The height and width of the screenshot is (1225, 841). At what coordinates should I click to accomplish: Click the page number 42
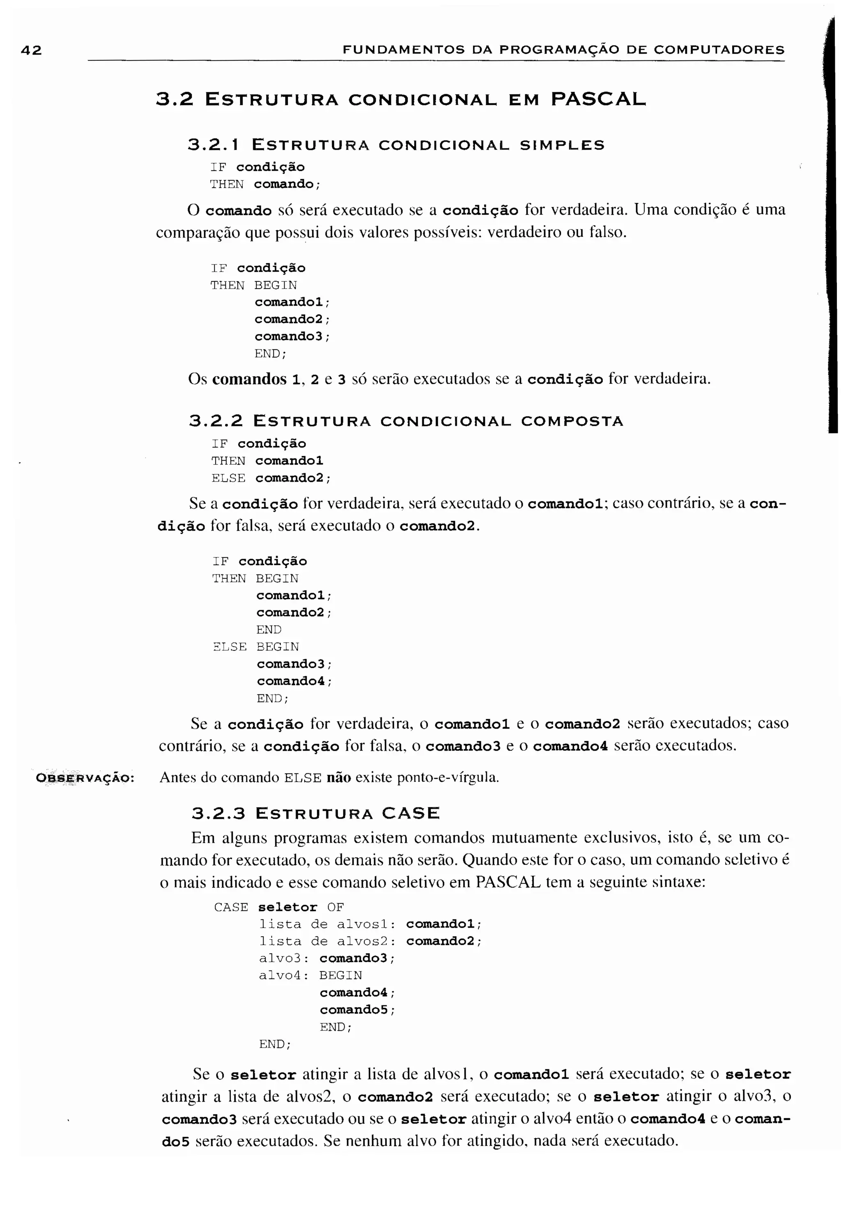pyautogui.click(x=31, y=51)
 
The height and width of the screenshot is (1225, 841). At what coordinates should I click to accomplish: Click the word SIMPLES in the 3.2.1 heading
pyautogui.click(x=562, y=145)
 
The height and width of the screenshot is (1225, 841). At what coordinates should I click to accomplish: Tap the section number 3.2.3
pyautogui.click(x=218, y=814)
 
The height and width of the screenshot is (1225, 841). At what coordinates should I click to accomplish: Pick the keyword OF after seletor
pyautogui.click(x=335, y=907)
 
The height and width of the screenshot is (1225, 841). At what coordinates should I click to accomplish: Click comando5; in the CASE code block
pyautogui.click(x=357, y=1010)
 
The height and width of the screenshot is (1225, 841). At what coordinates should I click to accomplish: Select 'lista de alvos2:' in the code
pyautogui.click(x=327, y=941)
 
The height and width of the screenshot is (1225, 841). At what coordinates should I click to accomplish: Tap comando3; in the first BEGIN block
pyautogui.click(x=292, y=336)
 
